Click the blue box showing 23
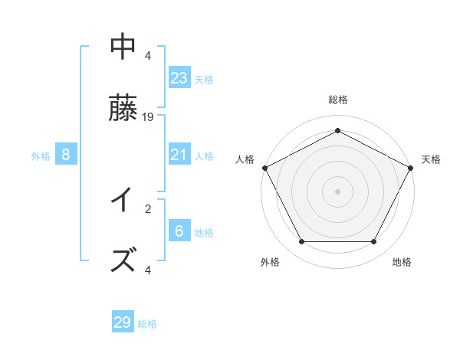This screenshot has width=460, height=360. click(x=179, y=78)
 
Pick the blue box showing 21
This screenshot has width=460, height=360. click(x=179, y=155)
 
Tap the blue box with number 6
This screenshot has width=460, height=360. click(x=179, y=231)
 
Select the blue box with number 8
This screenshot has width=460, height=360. click(x=66, y=155)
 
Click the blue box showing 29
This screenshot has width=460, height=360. click(x=123, y=322)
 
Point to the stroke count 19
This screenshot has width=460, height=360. click(x=149, y=117)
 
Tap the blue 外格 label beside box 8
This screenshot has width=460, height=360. click(x=41, y=155)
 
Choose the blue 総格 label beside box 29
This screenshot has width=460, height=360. click(x=147, y=324)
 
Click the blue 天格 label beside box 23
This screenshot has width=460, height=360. click(x=204, y=79)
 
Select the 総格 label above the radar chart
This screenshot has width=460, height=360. click(x=337, y=100)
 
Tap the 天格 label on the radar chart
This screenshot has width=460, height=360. click(x=431, y=159)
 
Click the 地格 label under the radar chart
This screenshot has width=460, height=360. click(x=402, y=262)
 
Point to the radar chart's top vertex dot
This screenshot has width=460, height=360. click(x=337, y=131)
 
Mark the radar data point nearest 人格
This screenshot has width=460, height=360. click(x=265, y=168)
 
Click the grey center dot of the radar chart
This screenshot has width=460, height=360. click(x=337, y=191)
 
